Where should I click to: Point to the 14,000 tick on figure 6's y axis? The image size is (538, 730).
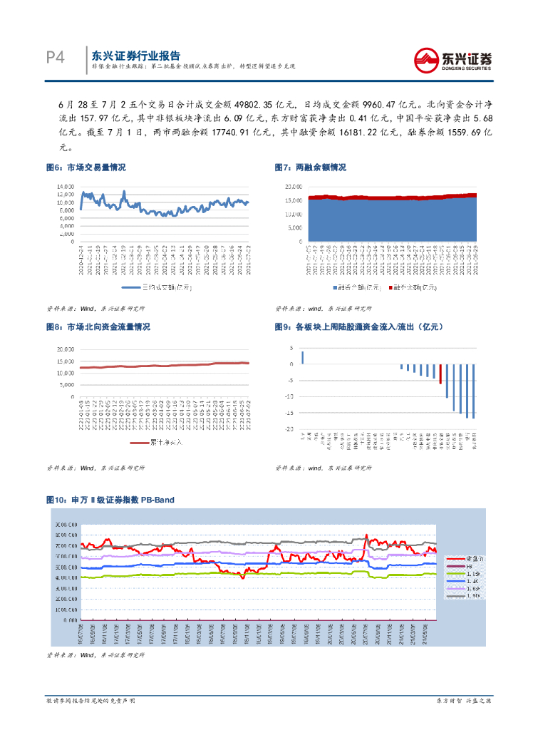coord(66,186)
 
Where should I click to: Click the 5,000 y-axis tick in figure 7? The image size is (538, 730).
coord(294,228)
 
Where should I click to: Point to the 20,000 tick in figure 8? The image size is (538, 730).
coord(65,349)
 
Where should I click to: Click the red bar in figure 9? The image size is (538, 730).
coord(440,374)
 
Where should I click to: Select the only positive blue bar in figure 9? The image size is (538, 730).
coord(302,357)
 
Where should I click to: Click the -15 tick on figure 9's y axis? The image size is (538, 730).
coord(290,413)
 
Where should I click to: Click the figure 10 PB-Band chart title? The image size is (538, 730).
coord(110,500)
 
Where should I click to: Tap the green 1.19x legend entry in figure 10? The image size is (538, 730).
coord(455,572)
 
